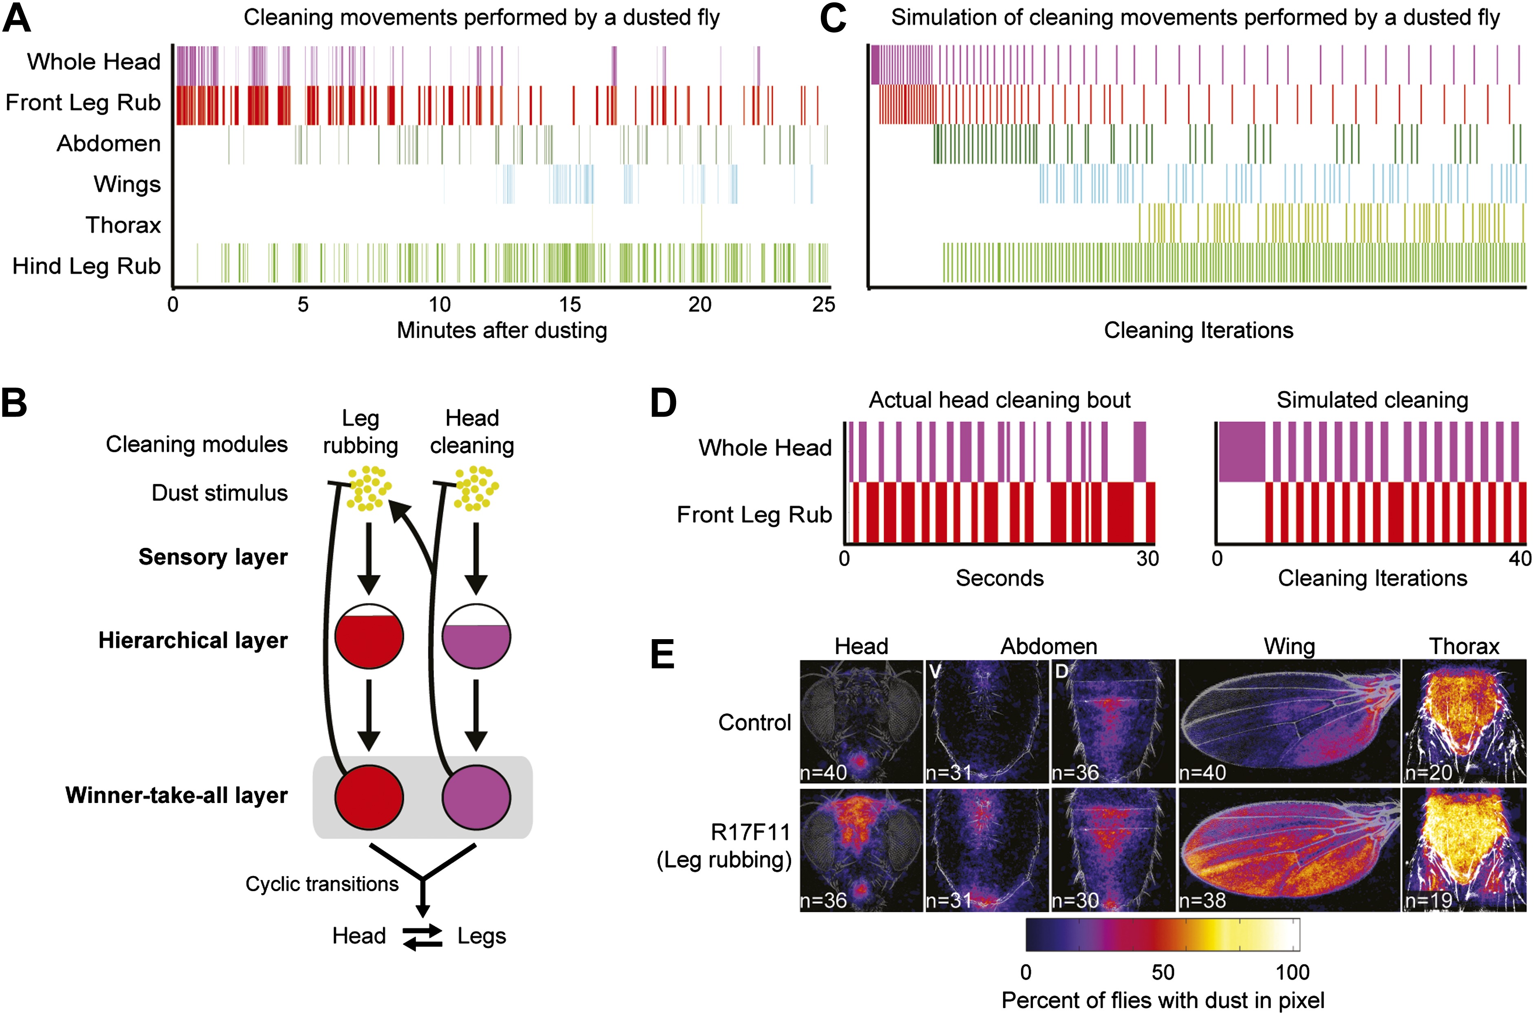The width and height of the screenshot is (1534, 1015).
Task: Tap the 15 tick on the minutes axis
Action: tap(570, 304)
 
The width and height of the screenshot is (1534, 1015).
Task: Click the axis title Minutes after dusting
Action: tap(502, 330)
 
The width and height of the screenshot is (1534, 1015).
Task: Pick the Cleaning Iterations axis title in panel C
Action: tap(1198, 330)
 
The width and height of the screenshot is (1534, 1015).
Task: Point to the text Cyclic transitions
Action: tap(322, 884)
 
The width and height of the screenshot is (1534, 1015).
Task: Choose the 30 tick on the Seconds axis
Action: tap(1147, 558)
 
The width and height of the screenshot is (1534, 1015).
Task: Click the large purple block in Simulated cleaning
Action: tap(1242, 451)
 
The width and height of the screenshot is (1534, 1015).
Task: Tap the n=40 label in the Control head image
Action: tap(824, 772)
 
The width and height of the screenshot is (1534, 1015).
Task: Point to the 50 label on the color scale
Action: tap(1163, 972)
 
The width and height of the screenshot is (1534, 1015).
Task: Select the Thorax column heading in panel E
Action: tap(1463, 646)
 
